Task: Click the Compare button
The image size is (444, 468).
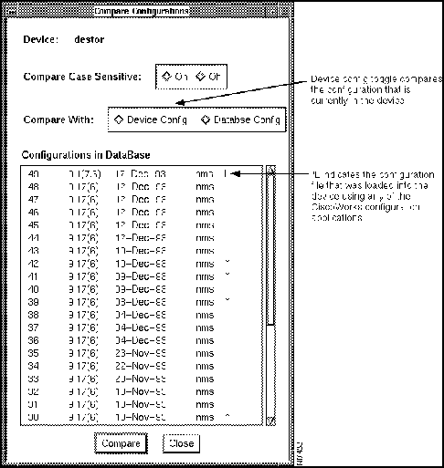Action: coord(121,443)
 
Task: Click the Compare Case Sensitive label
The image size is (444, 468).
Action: coord(83,77)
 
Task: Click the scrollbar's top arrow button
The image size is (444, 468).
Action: coord(270,171)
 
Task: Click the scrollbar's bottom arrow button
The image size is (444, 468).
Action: coord(270,420)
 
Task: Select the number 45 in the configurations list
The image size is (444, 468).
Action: coord(35,224)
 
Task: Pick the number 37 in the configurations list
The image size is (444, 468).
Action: coord(35,327)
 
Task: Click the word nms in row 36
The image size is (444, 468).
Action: coord(205,339)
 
